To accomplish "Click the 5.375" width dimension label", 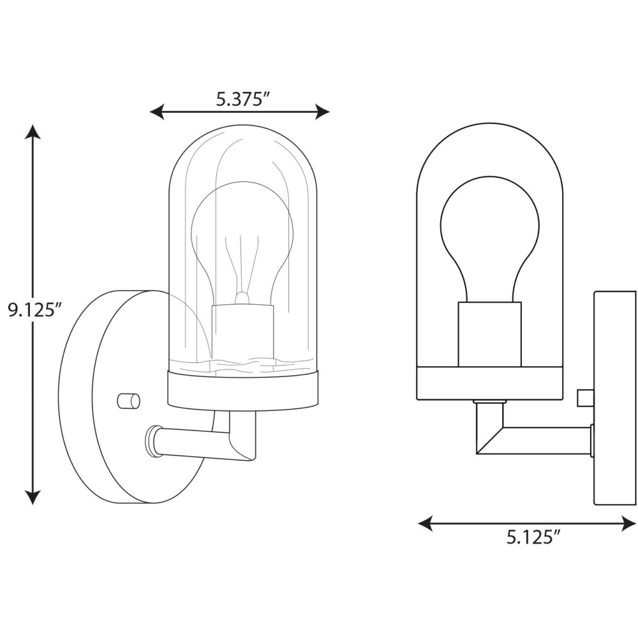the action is [243, 99].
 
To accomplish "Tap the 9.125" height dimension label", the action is [34, 310].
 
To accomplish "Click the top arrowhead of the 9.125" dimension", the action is [33, 132].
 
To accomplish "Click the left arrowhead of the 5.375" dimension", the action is [157, 112].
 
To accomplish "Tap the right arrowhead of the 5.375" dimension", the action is [322, 112].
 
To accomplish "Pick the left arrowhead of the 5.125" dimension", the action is [425, 523].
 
